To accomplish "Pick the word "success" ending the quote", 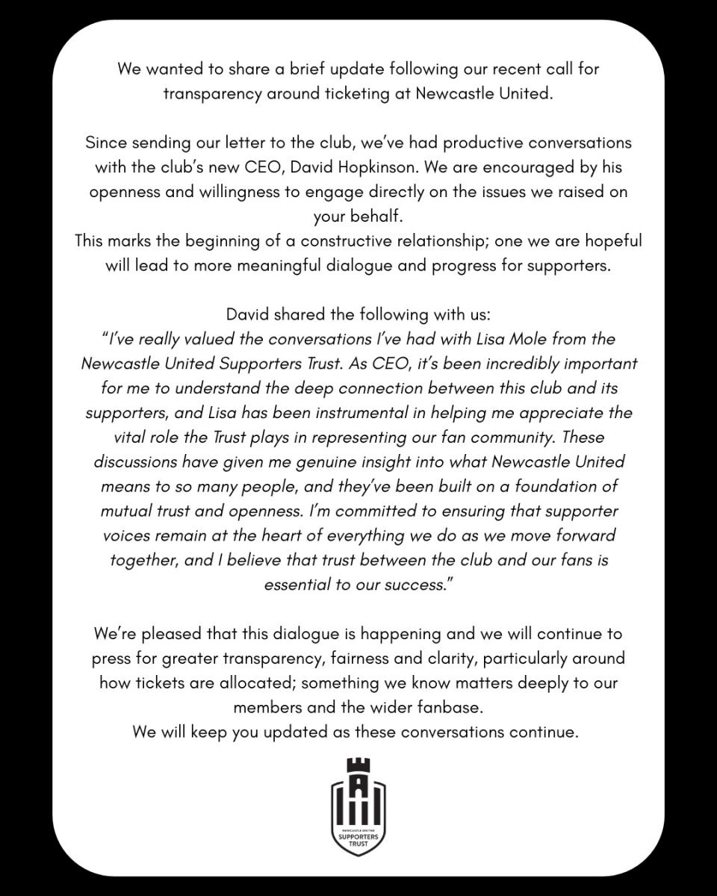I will pos(409,585).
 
